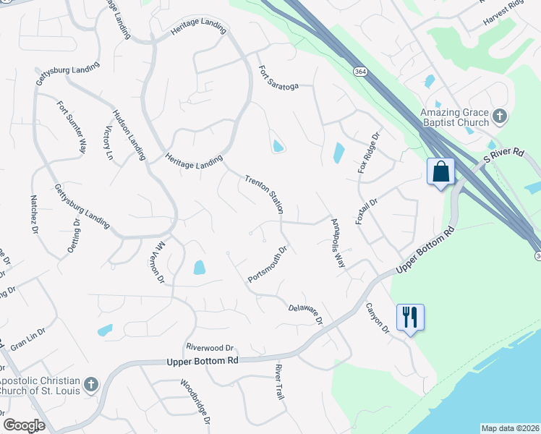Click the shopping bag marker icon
[441, 172]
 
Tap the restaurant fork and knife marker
[409, 317]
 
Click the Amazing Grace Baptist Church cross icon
[499, 116]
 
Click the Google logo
[24, 425]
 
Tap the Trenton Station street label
[264, 193]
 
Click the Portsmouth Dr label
[268, 265]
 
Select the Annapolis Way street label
[338, 243]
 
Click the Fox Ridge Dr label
[368, 153]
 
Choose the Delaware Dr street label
[304, 313]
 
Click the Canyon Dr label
[377, 318]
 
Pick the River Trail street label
[279, 382]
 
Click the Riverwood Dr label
[210, 347]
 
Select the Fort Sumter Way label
[72, 126]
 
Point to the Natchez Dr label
[33, 214]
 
